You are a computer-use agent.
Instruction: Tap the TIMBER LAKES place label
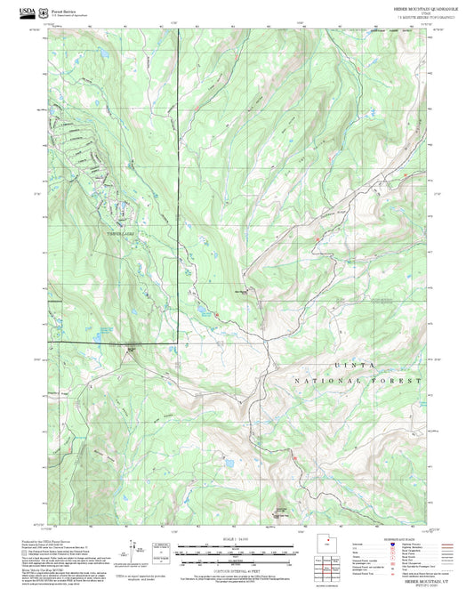coord(118,234)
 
